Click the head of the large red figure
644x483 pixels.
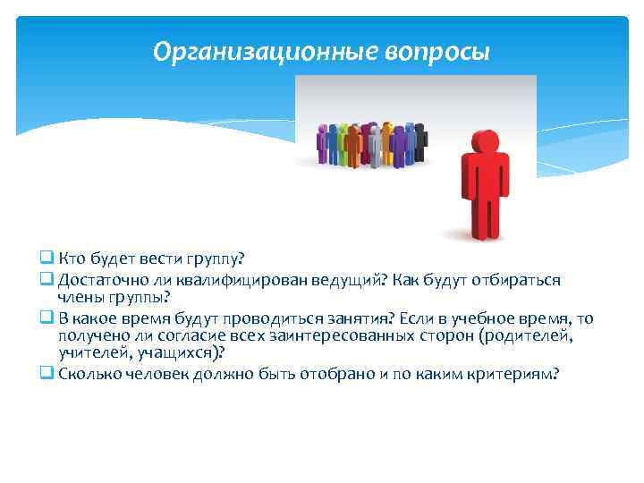[x=484, y=143]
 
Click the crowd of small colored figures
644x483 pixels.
[x=371, y=143]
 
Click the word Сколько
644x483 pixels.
[x=88, y=374]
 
